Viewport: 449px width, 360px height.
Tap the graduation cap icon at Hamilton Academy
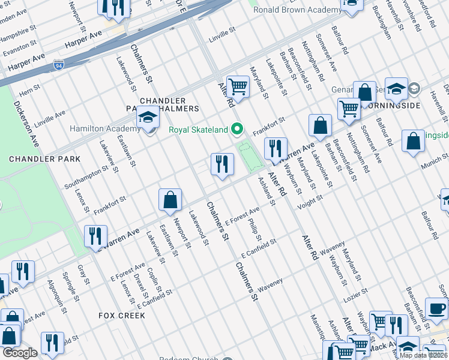tap(147, 118)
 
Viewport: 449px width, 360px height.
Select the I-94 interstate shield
tap(58, 63)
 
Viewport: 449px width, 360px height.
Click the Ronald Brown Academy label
tap(289, 10)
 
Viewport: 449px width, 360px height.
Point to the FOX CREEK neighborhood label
tap(122, 315)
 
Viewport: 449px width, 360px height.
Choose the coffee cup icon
tap(436, 310)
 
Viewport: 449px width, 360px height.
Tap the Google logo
tap(19, 353)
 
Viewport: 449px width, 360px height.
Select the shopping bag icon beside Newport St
tap(170, 201)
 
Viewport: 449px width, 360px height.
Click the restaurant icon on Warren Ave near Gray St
tap(95, 236)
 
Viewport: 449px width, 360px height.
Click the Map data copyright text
tap(424, 355)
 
